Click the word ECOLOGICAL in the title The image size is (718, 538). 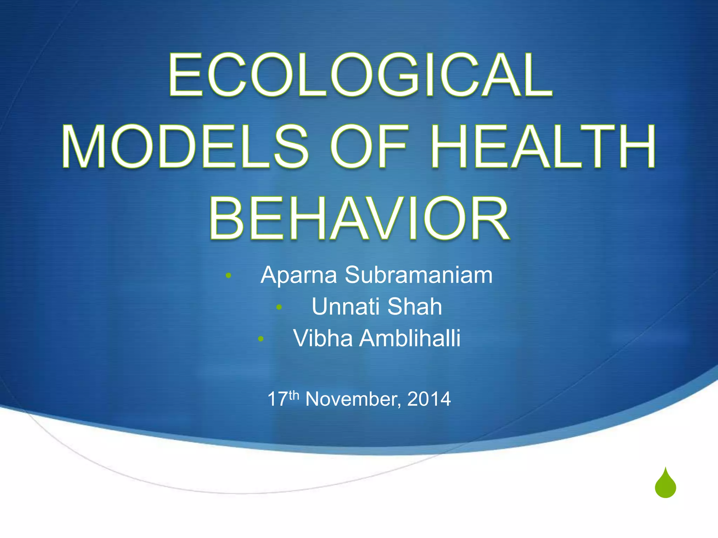pyautogui.click(x=360, y=75)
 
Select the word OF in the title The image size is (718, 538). pyautogui.click(x=370, y=146)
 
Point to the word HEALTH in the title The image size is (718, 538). pyautogui.click(x=543, y=146)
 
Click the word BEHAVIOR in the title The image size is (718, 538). pyautogui.click(x=359, y=218)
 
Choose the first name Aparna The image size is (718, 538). pyautogui.click(x=299, y=276)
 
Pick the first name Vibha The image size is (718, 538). pyautogui.click(x=323, y=338)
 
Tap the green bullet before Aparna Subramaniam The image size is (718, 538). pyautogui.click(x=229, y=276)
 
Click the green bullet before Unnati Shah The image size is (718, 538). pyautogui.click(x=279, y=308)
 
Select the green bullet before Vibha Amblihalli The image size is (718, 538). pyautogui.click(x=260, y=339)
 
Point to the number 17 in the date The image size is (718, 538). pyautogui.click(x=278, y=399)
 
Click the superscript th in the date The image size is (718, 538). pyautogui.click(x=294, y=395)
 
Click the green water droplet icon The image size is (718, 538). pyautogui.click(x=665, y=484)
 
